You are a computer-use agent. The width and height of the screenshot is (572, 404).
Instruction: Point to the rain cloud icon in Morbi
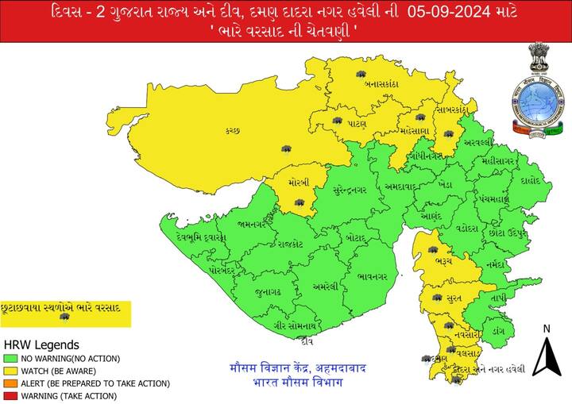point(300,203)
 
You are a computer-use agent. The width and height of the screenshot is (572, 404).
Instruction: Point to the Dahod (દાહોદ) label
point(531,180)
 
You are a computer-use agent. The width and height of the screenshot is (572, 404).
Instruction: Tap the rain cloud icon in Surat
point(436,298)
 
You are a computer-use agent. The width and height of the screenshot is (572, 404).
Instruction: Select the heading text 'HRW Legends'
point(41,345)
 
